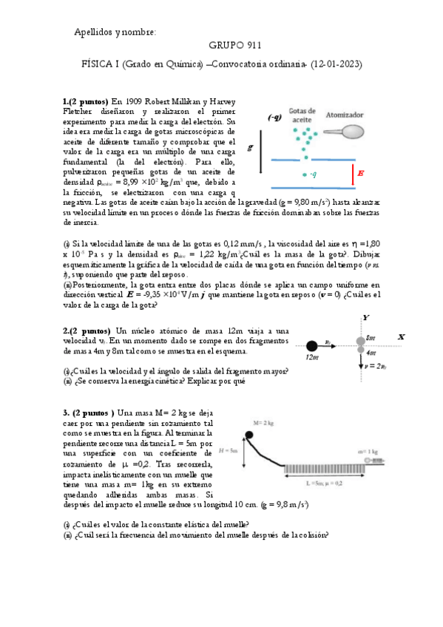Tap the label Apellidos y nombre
coord(115,33)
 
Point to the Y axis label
coord(365,318)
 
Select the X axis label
coord(401,336)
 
